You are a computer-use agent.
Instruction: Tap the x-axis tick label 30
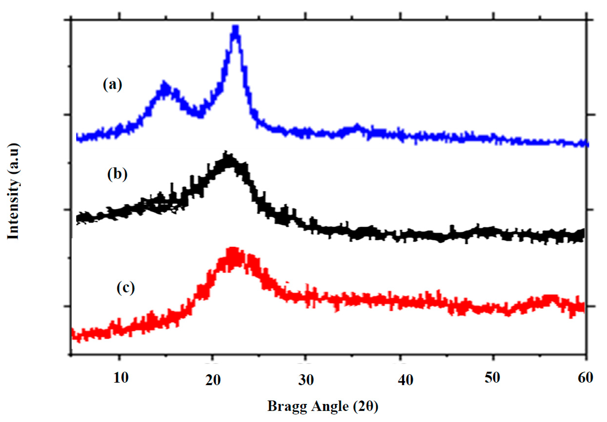pos(306,380)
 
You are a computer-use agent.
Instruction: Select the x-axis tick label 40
pos(406,380)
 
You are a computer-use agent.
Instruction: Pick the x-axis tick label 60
pos(585,378)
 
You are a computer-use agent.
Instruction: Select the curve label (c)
pos(125,288)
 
